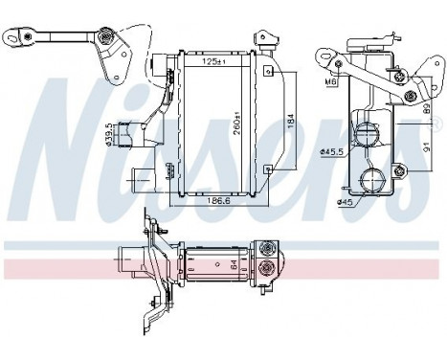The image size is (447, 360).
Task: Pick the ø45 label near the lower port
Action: (x=343, y=201)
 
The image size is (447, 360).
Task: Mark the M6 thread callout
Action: (x=331, y=81)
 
